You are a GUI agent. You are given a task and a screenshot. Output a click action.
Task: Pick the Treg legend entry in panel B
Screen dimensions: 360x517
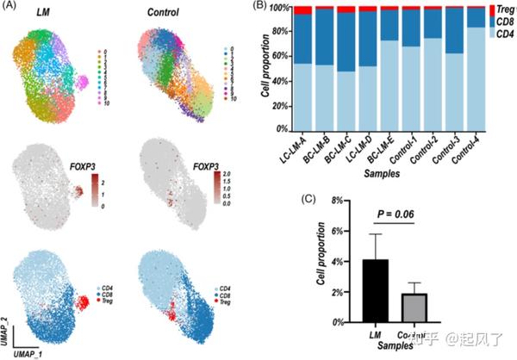503,9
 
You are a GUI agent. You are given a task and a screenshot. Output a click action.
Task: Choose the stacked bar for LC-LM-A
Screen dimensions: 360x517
304,69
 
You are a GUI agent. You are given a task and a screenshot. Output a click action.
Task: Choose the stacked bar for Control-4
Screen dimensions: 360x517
475,69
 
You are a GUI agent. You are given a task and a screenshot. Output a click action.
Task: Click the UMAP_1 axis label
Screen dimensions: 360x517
27,353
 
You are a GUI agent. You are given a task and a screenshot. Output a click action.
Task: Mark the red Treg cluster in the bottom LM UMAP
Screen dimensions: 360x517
88,303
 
